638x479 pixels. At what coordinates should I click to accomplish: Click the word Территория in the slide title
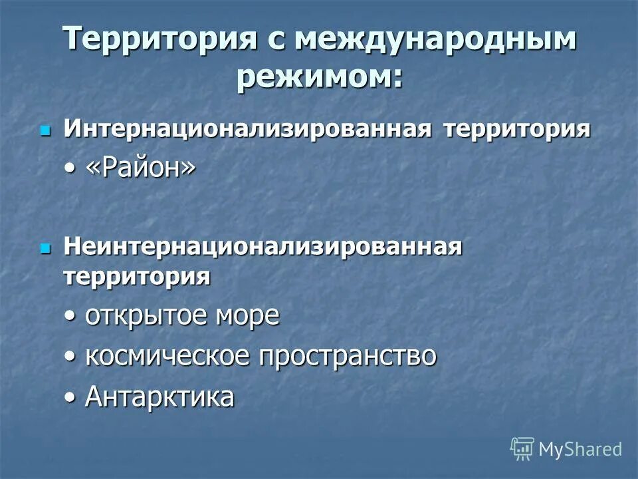coord(159,40)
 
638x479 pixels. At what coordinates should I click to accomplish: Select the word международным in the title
coord(437,40)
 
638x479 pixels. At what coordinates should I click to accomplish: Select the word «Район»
coord(141,168)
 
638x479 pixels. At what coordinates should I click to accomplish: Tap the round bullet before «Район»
coord(70,170)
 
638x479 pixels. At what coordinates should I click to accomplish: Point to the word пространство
coord(348,357)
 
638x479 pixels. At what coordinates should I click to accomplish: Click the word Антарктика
coord(159,397)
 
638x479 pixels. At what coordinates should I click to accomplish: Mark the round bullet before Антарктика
coord(70,398)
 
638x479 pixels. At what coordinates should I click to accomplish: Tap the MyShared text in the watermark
coord(580,450)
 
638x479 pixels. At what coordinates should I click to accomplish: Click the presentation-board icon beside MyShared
coord(522,449)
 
